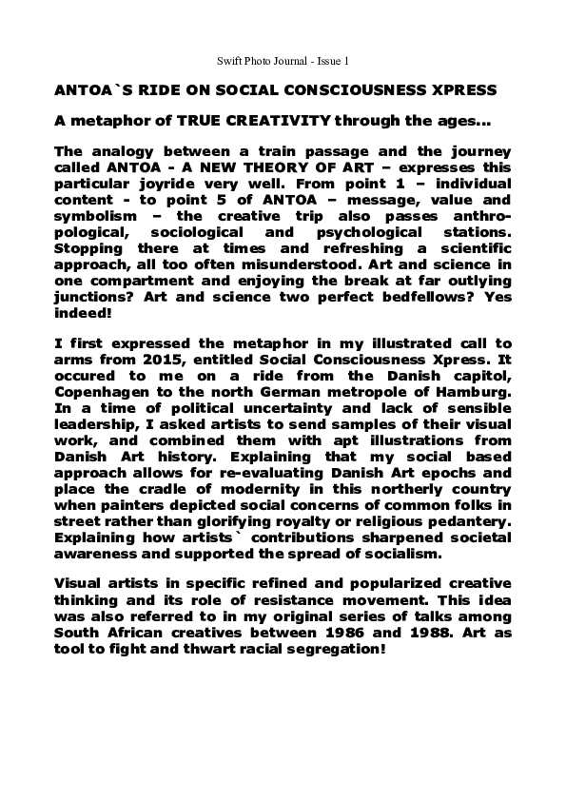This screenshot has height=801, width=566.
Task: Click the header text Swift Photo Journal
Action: [260, 61]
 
